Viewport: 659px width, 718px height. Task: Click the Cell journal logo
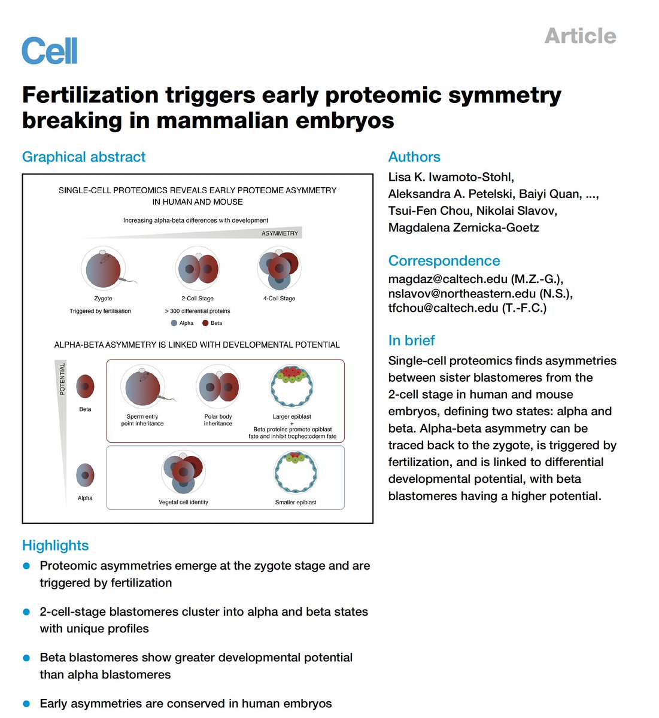coord(50,51)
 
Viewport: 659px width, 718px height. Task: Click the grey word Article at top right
coord(580,36)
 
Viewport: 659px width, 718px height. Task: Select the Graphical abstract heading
coord(84,157)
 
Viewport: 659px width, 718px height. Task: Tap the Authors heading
coord(414,157)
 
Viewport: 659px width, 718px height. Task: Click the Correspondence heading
coord(444,261)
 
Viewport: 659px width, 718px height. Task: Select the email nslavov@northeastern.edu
coord(461,293)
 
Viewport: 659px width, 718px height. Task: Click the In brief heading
coord(411,340)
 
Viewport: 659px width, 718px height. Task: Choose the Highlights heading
coord(55,546)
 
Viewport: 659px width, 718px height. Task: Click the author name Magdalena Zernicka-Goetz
coord(463,227)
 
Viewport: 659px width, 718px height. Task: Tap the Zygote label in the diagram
coord(103,299)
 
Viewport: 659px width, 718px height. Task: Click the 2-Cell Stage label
coord(198,299)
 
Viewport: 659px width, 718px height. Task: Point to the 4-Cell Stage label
coord(279,299)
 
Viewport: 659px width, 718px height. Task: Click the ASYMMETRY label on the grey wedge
coord(280,233)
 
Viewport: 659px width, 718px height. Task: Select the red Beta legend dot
coord(205,323)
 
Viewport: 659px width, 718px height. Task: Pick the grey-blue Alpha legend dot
coord(174,323)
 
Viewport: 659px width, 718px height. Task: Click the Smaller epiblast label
coord(296,503)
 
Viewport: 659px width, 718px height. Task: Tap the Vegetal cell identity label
coord(183,503)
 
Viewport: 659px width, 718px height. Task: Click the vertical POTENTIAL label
coord(62,379)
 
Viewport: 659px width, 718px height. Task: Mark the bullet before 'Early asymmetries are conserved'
coord(26,703)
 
